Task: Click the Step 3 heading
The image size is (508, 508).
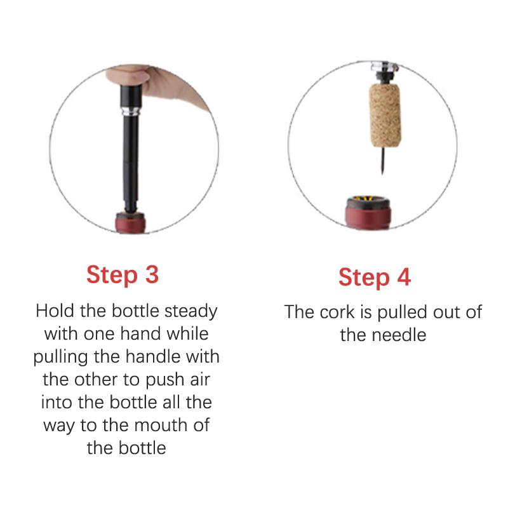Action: [123, 274]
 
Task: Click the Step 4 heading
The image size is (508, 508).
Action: [375, 277]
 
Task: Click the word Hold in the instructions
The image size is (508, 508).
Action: [54, 312]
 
